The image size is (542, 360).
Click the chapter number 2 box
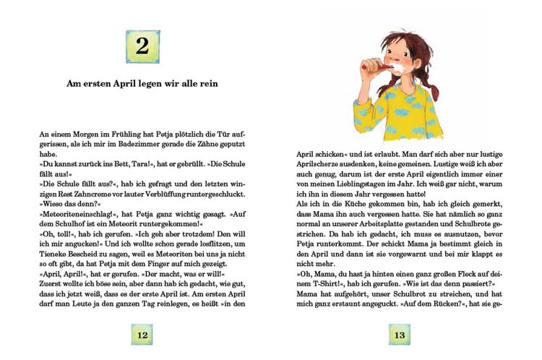(142, 47)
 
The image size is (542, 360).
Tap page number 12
(142, 335)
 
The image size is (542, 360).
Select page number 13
(400, 335)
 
